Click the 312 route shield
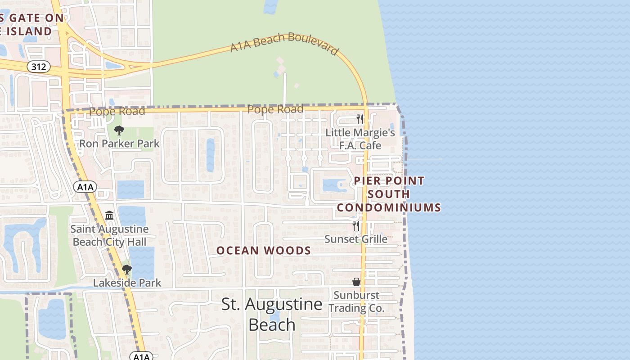[39, 67]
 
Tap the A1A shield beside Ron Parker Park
[85, 187]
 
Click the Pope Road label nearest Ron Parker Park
[117, 111]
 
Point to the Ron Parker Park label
[119, 144]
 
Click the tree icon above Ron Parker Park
[119, 130]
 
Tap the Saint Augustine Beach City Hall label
[109, 235]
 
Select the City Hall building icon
[109, 216]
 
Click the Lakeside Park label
[127, 283]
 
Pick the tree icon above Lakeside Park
[127, 270]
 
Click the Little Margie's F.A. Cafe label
[360, 139]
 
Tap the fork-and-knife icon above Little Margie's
[360, 119]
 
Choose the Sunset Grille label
[356, 239]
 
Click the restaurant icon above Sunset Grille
[356, 225]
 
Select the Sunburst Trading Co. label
[356, 301]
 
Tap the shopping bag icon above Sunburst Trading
[356, 282]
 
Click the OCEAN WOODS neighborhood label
[264, 251]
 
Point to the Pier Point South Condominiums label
[389, 194]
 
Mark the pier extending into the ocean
[425, 159]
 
